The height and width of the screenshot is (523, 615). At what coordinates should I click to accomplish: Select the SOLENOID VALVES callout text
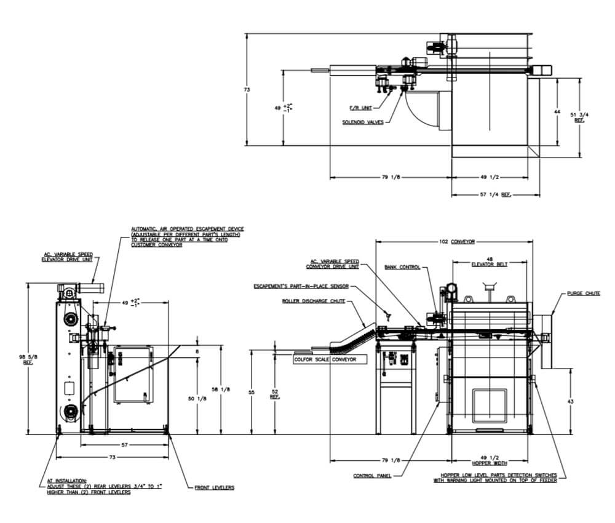(x=363, y=122)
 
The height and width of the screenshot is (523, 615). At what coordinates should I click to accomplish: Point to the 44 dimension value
(x=557, y=112)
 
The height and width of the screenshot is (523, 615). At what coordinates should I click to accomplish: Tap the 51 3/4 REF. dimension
(x=579, y=117)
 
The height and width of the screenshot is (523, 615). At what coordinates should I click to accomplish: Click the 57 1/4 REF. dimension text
(x=498, y=194)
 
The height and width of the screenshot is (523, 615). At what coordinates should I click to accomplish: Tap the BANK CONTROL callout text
(x=402, y=267)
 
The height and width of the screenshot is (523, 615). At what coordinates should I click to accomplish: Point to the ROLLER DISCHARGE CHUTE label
(x=314, y=301)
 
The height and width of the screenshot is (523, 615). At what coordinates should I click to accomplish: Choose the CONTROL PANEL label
(x=368, y=476)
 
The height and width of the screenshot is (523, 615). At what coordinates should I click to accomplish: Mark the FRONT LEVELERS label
(x=214, y=487)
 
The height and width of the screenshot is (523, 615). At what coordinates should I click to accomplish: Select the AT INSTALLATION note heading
(x=67, y=481)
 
